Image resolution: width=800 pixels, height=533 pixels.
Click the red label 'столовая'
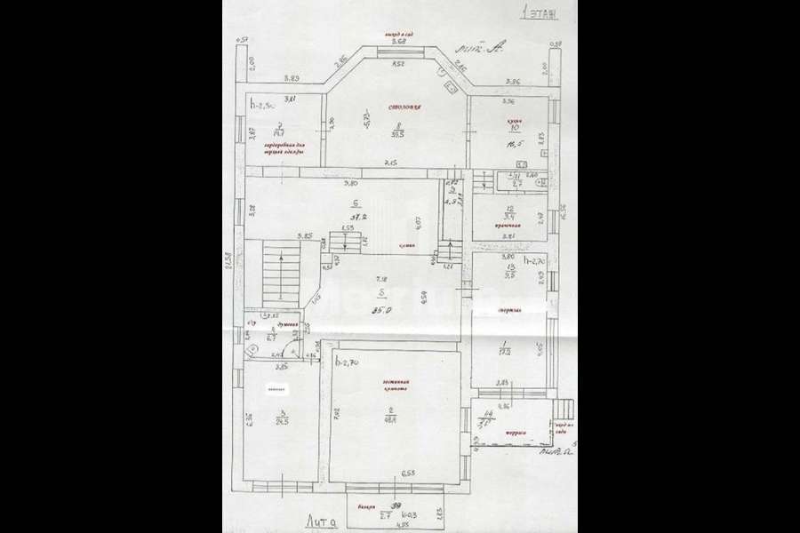click(403, 108)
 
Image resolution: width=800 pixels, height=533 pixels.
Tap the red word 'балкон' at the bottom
click(368, 506)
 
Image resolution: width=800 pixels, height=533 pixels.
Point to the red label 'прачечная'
click(508, 227)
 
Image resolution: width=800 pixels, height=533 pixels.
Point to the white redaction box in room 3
click(276, 388)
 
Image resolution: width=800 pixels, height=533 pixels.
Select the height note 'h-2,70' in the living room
click(345, 362)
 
